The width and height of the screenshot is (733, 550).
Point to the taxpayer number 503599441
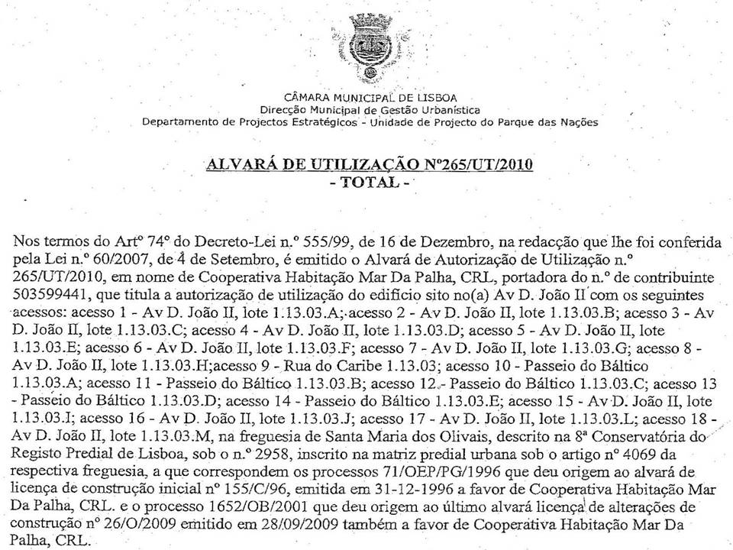point(51,295)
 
